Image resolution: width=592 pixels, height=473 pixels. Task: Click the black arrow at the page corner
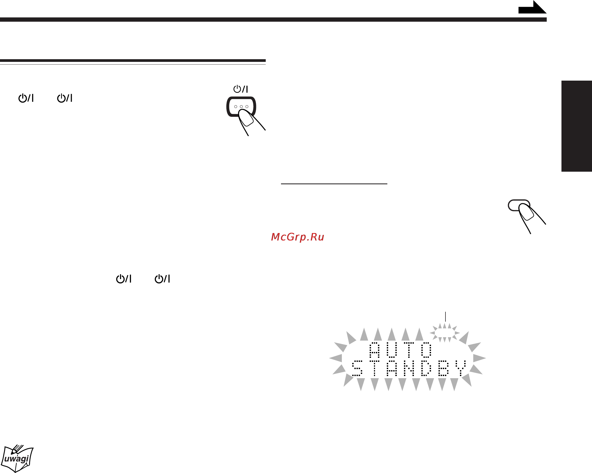click(x=532, y=7)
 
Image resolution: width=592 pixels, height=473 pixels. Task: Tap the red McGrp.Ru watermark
click(x=297, y=237)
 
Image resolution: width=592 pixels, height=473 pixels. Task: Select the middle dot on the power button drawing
click(x=241, y=107)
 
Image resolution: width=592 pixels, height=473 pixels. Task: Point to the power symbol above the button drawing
click(x=241, y=89)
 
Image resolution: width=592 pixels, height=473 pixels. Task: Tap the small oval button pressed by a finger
click(x=519, y=205)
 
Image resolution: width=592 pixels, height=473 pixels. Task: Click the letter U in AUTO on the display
click(x=392, y=350)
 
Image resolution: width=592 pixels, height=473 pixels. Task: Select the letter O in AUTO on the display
click(x=426, y=350)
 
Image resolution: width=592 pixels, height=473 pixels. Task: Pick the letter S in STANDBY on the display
click(x=357, y=368)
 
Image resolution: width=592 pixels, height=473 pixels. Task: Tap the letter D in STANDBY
click(x=426, y=368)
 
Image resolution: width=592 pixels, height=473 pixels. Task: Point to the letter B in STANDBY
click(x=443, y=368)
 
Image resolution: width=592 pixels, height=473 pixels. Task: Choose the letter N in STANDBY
click(x=409, y=368)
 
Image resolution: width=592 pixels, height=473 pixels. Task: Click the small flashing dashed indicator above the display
click(x=445, y=333)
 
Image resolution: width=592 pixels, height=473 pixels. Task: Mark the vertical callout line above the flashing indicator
click(x=445, y=317)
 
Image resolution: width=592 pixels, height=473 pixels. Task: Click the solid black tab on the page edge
click(x=577, y=126)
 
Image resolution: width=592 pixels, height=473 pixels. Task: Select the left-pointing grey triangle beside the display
click(x=335, y=358)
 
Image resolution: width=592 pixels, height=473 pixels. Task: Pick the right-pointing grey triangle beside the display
click(x=479, y=358)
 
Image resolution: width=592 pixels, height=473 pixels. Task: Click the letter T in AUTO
click(x=409, y=350)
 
